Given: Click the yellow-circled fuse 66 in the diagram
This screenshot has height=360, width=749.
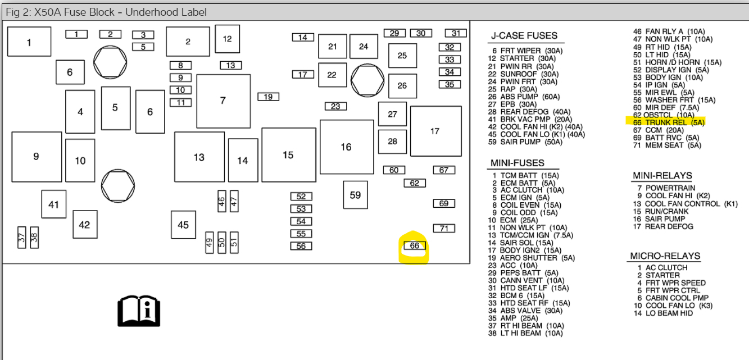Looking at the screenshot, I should point(415,246).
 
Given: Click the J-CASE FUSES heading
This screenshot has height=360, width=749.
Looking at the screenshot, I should point(524,36).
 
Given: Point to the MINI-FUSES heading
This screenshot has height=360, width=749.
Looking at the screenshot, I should point(518,163).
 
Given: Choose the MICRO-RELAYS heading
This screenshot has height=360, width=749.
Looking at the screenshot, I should point(665,256).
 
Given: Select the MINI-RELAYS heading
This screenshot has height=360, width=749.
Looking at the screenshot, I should point(662,176).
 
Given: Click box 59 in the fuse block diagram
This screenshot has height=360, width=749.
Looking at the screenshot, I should point(355,195).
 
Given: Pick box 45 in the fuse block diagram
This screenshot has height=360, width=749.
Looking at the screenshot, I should point(183,225).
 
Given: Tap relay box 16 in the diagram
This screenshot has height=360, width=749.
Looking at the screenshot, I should point(346,147).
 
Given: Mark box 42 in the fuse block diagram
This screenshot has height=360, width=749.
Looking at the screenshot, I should point(84,225).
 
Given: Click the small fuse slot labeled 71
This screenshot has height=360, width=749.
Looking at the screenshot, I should point(444,228).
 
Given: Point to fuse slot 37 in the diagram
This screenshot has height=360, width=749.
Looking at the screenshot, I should point(22,238).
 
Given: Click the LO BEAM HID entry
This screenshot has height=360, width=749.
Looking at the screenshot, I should point(664,313).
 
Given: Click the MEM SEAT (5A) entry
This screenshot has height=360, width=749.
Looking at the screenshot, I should point(666,145).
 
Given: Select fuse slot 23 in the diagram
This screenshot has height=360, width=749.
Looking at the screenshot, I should point(335,106).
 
